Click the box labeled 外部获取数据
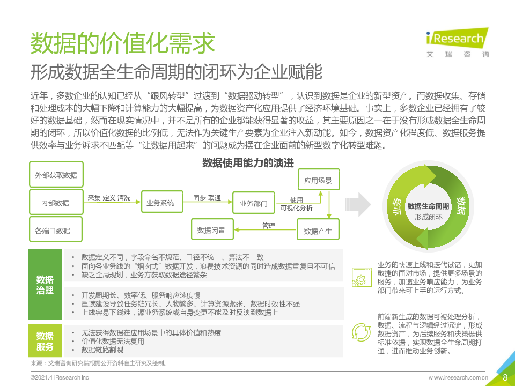click(x=56, y=174)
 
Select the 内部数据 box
click(x=56, y=202)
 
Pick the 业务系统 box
click(x=162, y=202)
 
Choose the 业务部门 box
click(x=254, y=203)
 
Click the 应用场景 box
click(x=319, y=180)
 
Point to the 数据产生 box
click(x=318, y=230)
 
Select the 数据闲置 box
click(x=212, y=229)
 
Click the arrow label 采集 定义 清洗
click(x=109, y=198)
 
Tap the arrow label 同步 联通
click(x=207, y=198)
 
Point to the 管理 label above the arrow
click(x=268, y=226)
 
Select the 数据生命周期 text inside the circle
click(x=428, y=206)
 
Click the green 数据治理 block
click(x=45, y=284)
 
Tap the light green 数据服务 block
click(x=45, y=341)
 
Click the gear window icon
click(x=361, y=277)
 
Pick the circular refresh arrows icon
click(x=361, y=332)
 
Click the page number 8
click(x=505, y=377)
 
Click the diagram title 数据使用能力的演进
click(x=248, y=163)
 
